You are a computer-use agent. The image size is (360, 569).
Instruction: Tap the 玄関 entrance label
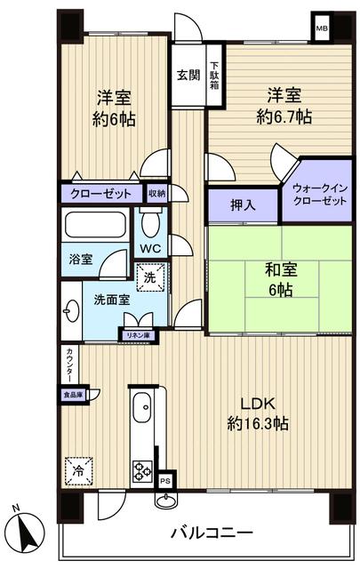(187, 75)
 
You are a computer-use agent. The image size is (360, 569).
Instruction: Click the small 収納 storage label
(156, 193)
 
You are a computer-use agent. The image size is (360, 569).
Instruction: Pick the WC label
(148, 249)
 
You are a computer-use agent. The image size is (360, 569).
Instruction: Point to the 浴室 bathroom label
(82, 259)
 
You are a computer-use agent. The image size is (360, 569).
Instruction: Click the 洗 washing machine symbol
(150, 276)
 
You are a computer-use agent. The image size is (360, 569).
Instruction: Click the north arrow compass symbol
(29, 532)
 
